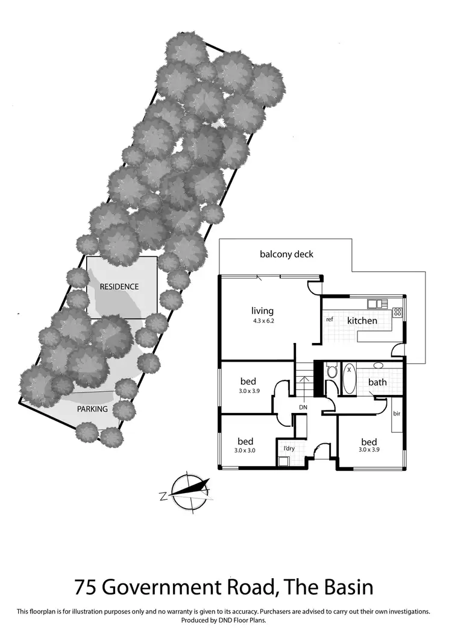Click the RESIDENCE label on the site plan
[119, 287]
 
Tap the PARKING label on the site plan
[92, 409]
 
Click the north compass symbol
[189, 493]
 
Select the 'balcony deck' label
[287, 254]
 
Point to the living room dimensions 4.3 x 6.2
[262, 321]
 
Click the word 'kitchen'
[362, 321]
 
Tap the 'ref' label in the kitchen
[330, 319]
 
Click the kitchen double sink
[377, 303]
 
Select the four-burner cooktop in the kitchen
[397, 312]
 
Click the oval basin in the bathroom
[377, 365]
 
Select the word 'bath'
[377, 382]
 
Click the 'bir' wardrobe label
[397, 414]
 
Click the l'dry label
[289, 448]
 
